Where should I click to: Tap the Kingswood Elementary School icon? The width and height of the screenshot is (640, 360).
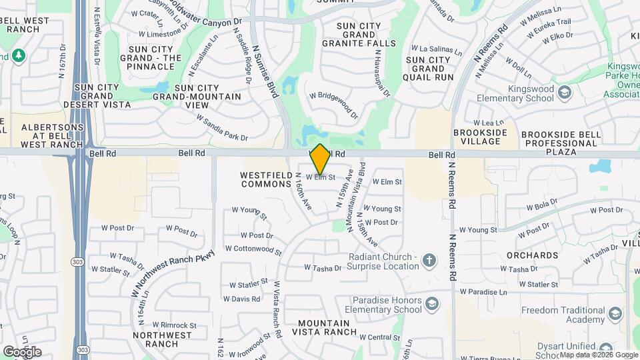coord(565,91)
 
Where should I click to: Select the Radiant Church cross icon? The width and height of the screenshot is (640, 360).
coord(430,261)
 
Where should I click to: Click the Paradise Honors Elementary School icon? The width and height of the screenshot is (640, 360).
coord(432,305)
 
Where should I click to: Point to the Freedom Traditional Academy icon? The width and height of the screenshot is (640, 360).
coord(615,313)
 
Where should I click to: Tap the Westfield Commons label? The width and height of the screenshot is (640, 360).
coord(263,179)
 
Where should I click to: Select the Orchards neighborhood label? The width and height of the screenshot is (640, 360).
coord(531,255)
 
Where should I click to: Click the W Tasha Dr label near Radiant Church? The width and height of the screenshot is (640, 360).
coord(323,268)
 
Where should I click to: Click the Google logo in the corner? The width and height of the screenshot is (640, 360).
coord(22,351)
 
